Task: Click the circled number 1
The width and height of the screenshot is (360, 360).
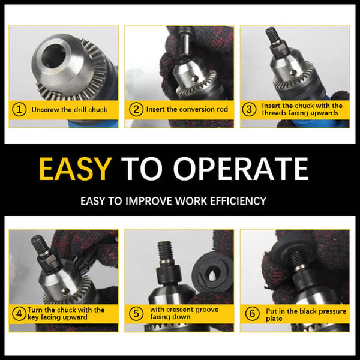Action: (19, 110)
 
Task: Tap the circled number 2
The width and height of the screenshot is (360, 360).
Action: (136, 110)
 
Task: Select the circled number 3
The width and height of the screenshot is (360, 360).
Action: (249, 109)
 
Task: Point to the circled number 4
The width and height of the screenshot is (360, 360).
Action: (19, 314)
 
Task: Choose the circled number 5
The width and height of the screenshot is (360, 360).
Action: (136, 313)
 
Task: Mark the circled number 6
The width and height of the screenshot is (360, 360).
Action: (252, 313)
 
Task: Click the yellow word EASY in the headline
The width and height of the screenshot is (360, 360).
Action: (75, 169)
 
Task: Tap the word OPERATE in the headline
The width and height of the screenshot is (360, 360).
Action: (241, 169)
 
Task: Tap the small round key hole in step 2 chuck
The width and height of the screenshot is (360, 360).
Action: (194, 78)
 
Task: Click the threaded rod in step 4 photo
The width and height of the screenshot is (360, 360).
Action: (38, 245)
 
